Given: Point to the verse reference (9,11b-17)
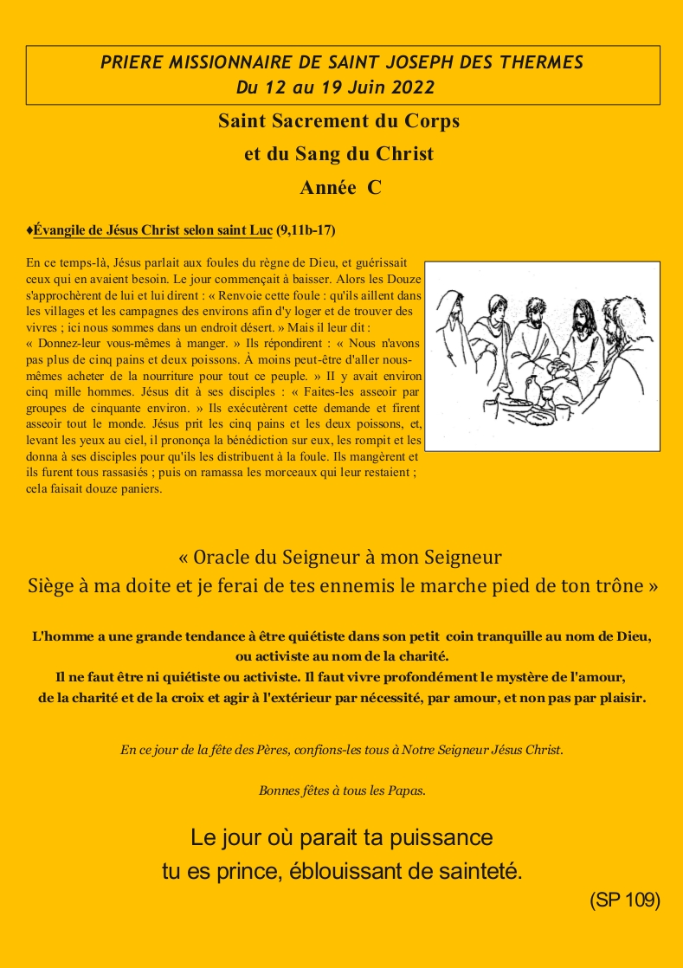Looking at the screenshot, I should tap(306, 230).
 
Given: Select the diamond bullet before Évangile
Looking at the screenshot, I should tap(29, 230).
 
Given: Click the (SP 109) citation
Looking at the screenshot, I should tap(625, 900).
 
